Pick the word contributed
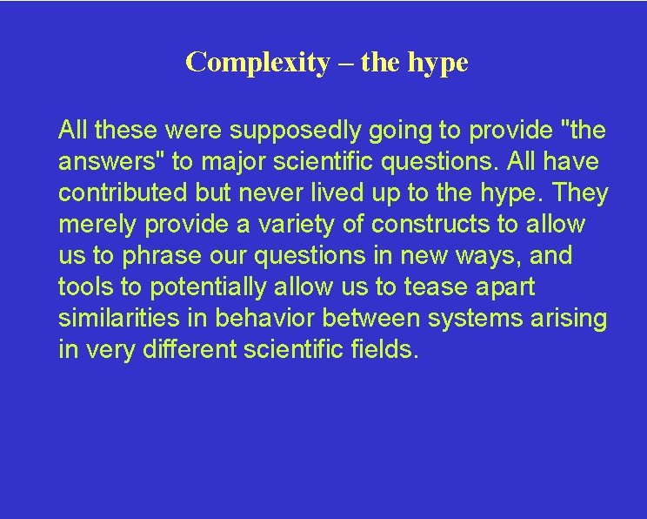point(119,193)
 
